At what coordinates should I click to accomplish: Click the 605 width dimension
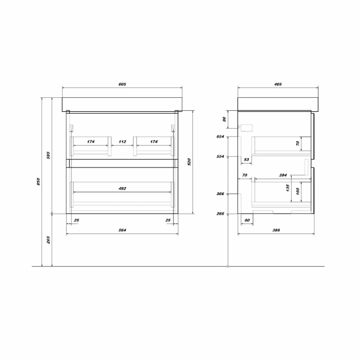(123, 84)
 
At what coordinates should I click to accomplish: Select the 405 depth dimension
(278, 84)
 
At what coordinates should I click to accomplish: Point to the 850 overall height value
(38, 182)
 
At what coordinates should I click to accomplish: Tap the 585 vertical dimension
(48, 155)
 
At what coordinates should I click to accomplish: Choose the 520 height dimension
(189, 162)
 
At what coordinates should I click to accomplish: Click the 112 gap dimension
(123, 142)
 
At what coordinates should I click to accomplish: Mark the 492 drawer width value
(123, 188)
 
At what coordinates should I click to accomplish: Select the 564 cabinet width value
(123, 230)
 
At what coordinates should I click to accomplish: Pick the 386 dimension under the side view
(276, 230)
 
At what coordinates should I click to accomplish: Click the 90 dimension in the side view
(224, 119)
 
